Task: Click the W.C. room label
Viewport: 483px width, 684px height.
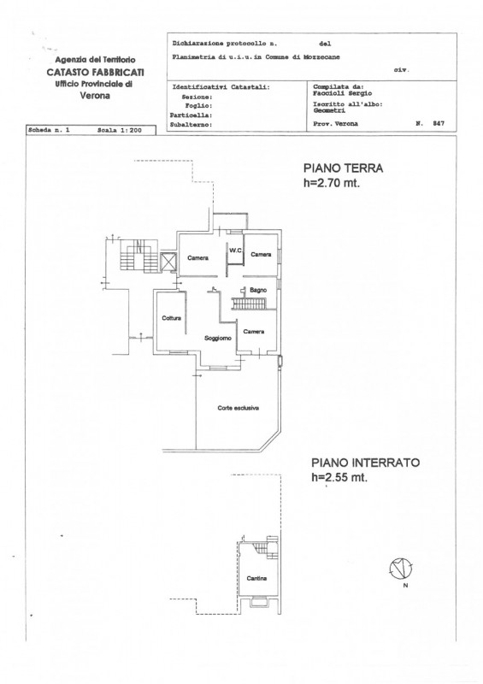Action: (236, 251)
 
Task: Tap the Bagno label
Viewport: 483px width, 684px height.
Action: (258, 290)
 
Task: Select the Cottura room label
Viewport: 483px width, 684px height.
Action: (171, 318)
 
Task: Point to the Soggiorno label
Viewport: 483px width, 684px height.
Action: (218, 338)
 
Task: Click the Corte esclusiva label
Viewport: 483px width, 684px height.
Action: (239, 409)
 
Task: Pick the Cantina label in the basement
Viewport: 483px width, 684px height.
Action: (256, 579)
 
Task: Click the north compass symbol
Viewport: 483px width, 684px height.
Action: (401, 569)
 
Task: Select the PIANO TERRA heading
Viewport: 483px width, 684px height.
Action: (343, 168)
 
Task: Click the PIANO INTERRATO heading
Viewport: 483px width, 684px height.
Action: (365, 463)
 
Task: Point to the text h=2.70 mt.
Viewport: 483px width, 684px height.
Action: (332, 183)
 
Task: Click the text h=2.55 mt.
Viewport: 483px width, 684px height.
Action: (339, 477)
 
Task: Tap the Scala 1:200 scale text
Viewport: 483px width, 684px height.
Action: (119, 130)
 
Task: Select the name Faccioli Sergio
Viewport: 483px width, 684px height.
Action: (343, 93)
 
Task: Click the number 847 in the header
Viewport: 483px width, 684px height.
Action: (439, 123)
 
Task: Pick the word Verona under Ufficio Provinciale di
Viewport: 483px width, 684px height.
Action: (95, 96)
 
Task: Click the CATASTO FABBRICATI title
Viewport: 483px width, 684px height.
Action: (95, 72)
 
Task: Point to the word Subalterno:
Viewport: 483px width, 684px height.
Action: (191, 125)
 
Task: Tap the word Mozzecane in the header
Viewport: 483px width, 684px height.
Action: (321, 57)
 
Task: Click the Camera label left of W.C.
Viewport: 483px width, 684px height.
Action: (197, 258)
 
